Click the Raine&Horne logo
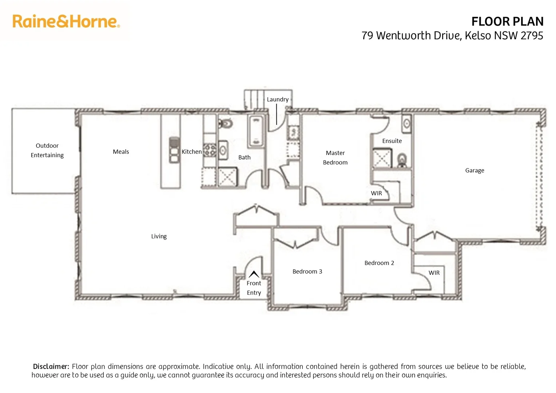click(x=66, y=21)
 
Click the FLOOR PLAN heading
click(x=507, y=21)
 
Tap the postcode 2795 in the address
click(x=532, y=36)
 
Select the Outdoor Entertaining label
click(x=47, y=150)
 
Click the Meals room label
click(x=121, y=152)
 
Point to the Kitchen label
click(x=191, y=152)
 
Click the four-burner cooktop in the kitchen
click(x=210, y=150)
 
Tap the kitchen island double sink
click(x=174, y=150)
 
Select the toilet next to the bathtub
click(x=226, y=124)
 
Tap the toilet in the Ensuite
click(x=402, y=159)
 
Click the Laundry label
click(x=278, y=99)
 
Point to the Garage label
click(x=474, y=170)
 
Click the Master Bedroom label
click(x=335, y=158)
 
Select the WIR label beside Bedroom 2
click(x=434, y=273)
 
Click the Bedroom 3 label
click(x=307, y=271)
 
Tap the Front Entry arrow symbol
click(x=254, y=274)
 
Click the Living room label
click(x=159, y=236)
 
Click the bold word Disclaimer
click(x=51, y=366)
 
